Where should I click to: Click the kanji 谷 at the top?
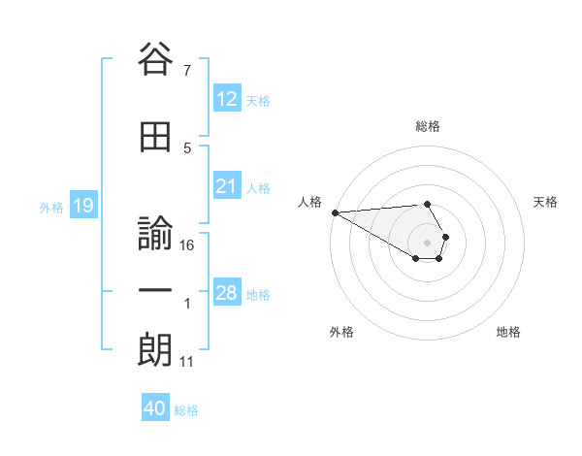pos(155,61)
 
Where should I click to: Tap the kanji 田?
pos(155,138)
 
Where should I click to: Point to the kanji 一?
pos(155,290)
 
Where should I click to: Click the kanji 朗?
pos(155,348)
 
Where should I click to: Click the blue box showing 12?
pos(227,98)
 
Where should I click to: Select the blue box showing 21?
pos(227,186)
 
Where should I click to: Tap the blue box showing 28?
pos(227,293)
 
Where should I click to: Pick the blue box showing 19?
pos(82,206)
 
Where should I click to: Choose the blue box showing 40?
pos(155,408)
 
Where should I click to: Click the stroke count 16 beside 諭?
pos(188,245)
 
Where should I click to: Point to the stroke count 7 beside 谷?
pos(187,71)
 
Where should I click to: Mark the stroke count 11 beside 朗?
pos(187,362)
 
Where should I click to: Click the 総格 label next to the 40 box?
pos(186,410)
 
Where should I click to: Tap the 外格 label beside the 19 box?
pos(50,207)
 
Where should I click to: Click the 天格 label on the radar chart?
pos(546,202)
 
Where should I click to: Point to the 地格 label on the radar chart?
pos(508,332)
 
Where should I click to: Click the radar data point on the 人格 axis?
pos(335,212)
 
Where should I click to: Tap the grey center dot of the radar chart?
pos(427,243)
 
